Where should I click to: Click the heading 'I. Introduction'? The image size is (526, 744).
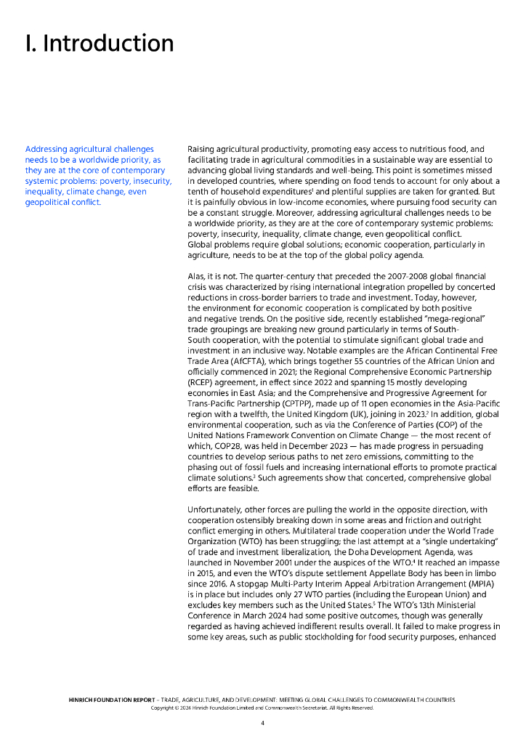pos(100,44)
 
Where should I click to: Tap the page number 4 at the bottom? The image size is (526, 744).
pos(262,724)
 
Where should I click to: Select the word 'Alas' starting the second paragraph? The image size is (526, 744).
pos(197,277)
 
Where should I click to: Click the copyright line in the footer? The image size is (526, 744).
pos(262,708)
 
